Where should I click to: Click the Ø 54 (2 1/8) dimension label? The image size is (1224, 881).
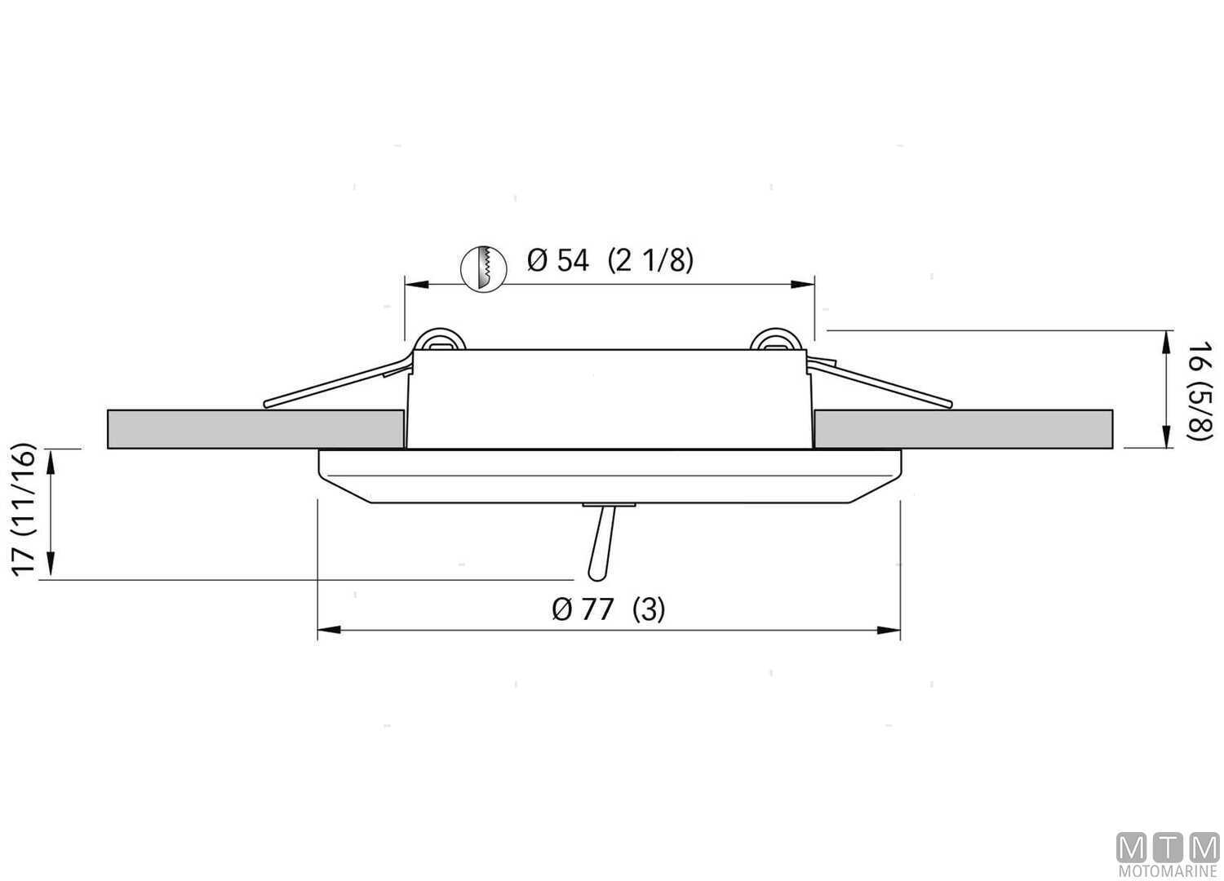coord(610,260)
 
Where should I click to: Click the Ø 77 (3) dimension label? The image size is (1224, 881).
coord(609,609)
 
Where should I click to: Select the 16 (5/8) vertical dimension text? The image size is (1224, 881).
coord(1200,391)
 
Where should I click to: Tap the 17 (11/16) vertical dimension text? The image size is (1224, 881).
coord(24,509)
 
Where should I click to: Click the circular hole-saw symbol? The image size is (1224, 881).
coord(484,268)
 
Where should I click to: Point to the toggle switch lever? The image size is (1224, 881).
coord(601,542)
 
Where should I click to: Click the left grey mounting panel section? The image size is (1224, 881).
coord(255,429)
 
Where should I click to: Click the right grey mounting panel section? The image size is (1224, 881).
coord(964,429)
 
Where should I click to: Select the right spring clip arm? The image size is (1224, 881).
coord(879,382)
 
